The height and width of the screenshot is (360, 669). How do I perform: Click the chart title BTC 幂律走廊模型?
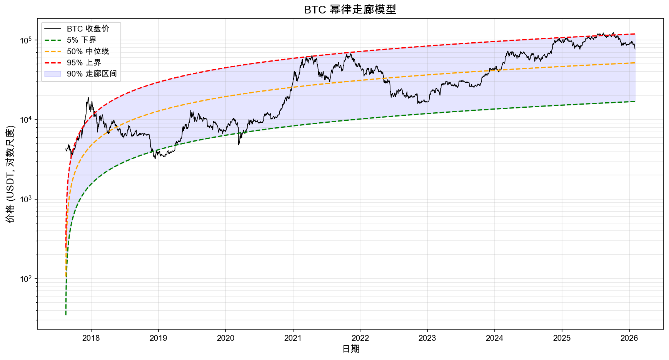[350, 10]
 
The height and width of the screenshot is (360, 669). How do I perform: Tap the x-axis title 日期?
[350, 349]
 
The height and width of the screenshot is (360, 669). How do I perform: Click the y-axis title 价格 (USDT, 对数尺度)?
[10, 174]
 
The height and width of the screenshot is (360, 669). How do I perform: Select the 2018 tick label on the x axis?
[91, 338]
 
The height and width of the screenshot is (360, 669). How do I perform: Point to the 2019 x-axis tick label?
[158, 338]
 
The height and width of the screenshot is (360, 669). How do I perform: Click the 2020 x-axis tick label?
[225, 338]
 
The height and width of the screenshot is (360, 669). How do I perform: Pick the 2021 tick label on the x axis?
[293, 338]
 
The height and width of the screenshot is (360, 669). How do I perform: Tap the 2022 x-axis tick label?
[360, 338]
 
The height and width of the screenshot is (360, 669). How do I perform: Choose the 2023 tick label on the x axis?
[427, 338]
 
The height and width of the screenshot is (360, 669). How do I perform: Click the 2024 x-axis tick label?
[494, 338]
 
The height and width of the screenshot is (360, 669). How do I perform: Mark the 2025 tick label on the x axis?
[562, 338]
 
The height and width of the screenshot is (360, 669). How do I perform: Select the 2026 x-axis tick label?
[629, 338]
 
